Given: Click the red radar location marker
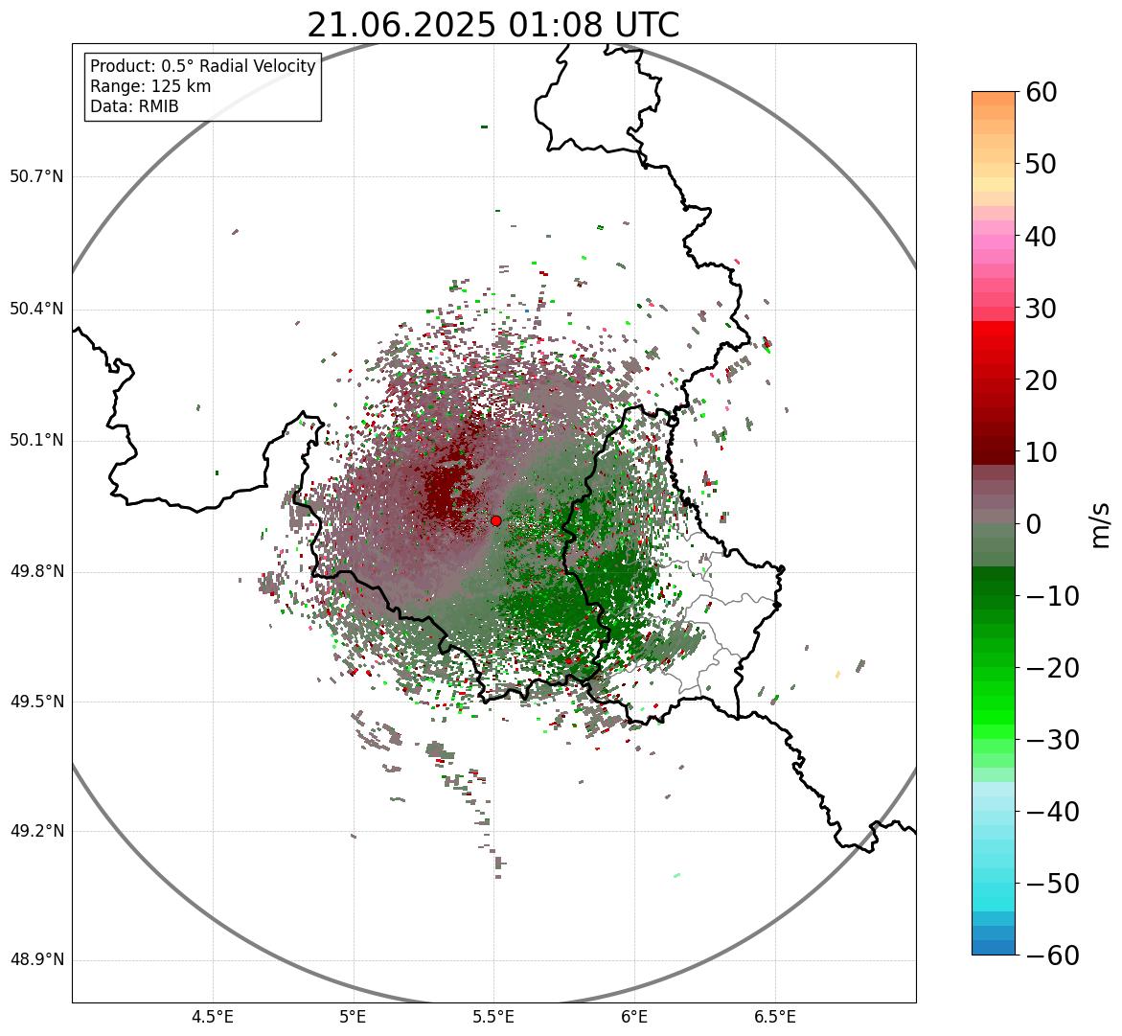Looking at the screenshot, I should [496, 520].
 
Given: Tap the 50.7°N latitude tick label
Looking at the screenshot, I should [35, 176].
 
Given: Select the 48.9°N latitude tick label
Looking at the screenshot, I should [35, 960].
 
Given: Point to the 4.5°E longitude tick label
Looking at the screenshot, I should [213, 1017].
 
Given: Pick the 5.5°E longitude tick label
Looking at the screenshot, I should [493, 1017].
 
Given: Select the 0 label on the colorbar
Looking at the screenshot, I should [1034, 524].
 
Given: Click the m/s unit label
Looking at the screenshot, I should [1102, 524].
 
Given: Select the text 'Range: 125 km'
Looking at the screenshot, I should [150, 86].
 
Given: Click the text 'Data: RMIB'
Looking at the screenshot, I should [134, 106].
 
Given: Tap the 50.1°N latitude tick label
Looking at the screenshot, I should [35, 440].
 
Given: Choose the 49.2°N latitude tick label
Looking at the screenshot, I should [35, 830].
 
